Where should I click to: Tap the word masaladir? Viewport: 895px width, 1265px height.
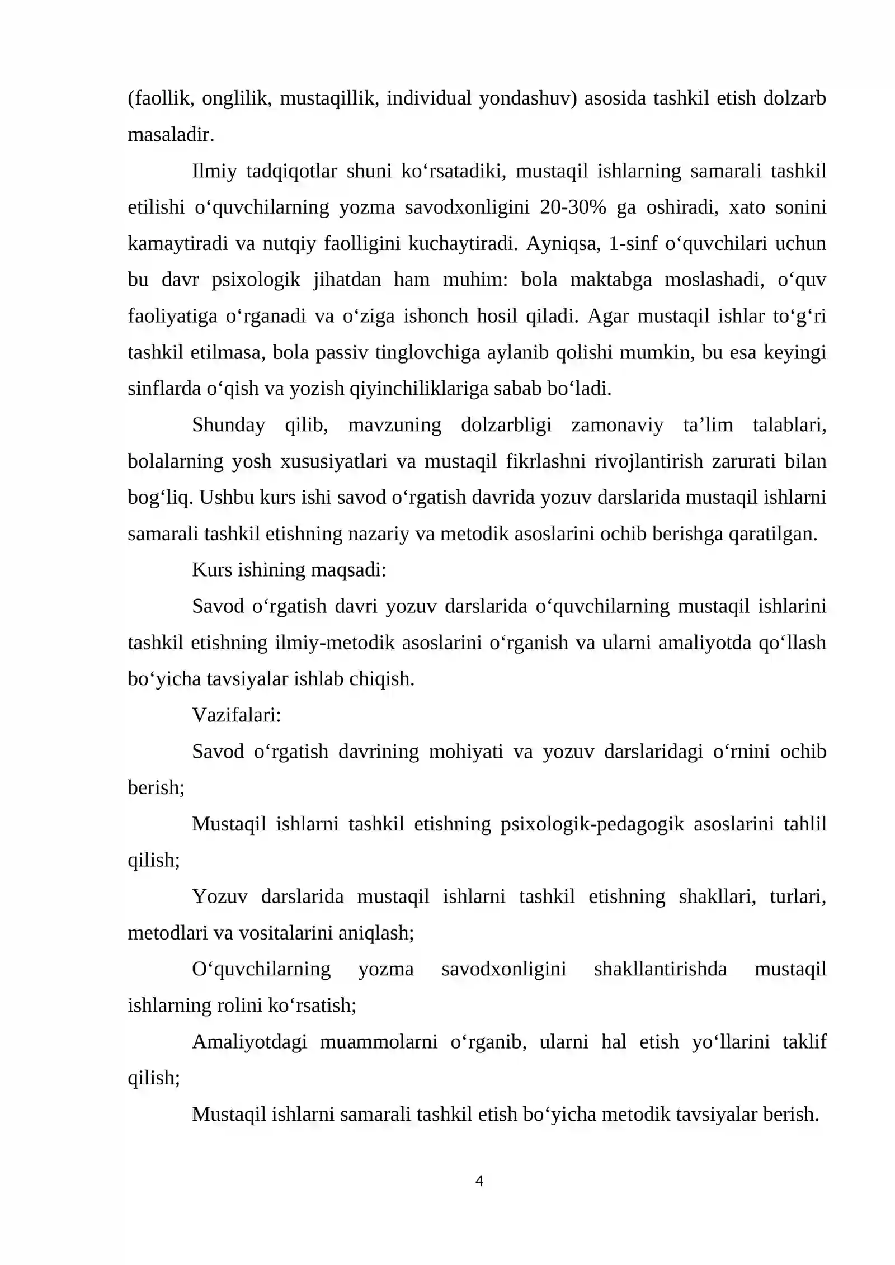click(171, 135)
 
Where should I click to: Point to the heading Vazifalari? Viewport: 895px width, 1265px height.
click(237, 715)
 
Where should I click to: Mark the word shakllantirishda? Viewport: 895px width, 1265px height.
click(660, 969)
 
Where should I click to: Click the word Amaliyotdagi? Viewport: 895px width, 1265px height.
click(249, 1042)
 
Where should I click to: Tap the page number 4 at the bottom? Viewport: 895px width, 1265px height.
click(479, 1181)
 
